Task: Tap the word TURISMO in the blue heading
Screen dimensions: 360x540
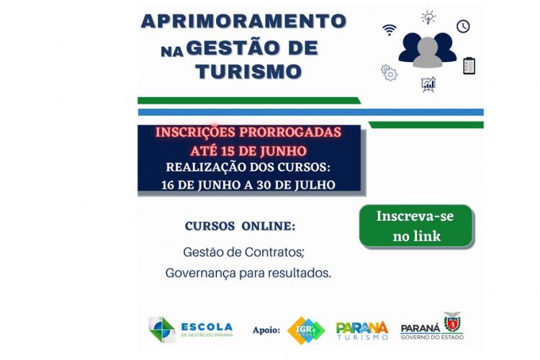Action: click(x=248, y=71)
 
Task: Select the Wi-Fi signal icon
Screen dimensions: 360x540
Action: click(x=390, y=30)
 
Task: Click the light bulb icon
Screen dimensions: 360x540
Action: click(x=428, y=17)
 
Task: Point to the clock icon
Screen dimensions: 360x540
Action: click(x=463, y=26)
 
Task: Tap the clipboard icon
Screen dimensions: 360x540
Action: click(x=469, y=66)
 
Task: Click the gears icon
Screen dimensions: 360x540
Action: click(x=389, y=72)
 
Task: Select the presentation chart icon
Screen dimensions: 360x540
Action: click(x=428, y=84)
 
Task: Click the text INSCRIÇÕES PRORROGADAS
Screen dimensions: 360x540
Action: click(x=248, y=132)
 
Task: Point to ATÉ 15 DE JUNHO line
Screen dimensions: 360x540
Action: click(x=248, y=151)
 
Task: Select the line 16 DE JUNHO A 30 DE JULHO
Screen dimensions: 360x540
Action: click(x=248, y=184)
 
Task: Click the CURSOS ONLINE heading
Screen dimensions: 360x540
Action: click(x=240, y=226)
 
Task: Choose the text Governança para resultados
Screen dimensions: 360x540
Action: click(x=248, y=274)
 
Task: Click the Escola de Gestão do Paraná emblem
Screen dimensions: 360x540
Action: click(x=161, y=329)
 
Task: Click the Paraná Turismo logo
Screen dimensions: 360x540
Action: click(x=362, y=330)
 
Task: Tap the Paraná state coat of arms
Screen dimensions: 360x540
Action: click(x=452, y=322)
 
